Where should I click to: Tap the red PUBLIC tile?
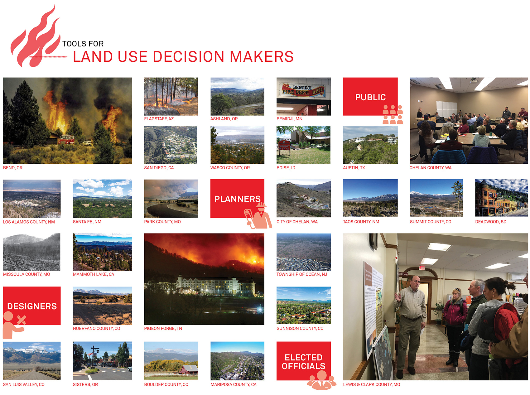(370, 97)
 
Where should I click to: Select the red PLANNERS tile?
(237, 198)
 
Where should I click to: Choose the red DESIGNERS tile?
(32, 306)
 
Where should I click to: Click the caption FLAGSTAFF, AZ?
(159, 119)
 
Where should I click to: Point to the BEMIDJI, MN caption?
(289, 119)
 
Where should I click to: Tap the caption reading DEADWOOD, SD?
(490, 222)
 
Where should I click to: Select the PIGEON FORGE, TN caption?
(163, 328)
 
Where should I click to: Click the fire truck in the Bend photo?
(66, 139)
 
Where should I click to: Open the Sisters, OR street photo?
(102, 361)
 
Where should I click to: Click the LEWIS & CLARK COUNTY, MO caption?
(371, 384)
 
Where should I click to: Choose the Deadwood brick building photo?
(501, 198)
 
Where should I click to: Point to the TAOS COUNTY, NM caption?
(361, 222)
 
